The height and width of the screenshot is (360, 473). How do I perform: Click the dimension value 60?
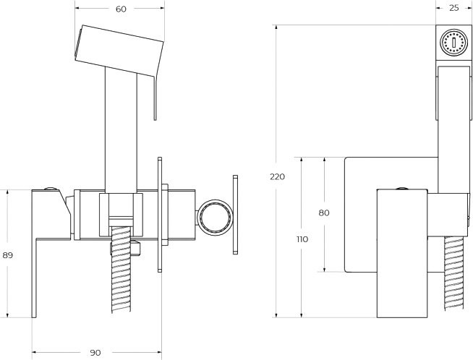tap(120, 9)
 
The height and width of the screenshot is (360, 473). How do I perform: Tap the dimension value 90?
tap(95, 352)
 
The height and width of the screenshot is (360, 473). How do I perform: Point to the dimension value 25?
tap(453, 9)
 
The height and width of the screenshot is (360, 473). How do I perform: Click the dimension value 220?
tap(277, 176)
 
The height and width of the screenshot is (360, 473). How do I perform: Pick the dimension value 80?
tap(323, 213)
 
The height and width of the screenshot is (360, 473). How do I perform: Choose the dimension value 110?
tap(302, 239)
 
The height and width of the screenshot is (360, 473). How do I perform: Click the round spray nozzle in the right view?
tap(453, 42)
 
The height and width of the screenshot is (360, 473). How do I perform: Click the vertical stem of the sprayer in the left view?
tap(120, 130)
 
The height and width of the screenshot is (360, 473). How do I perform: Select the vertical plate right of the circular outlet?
tap(234, 214)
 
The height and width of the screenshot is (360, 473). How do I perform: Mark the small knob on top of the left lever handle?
tap(51, 190)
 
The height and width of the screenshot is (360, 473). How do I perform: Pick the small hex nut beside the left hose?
tap(135, 249)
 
